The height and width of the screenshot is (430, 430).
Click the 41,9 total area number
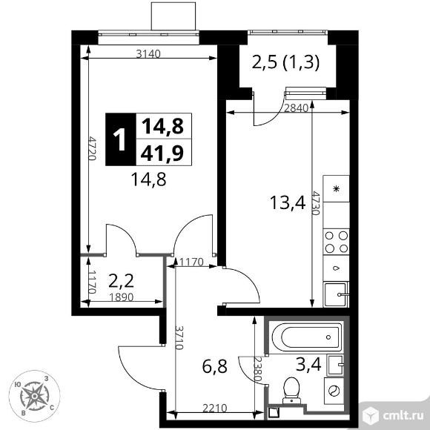(162, 153)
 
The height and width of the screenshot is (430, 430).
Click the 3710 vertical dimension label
(179, 340)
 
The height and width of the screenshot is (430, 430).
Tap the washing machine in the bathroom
(333, 391)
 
